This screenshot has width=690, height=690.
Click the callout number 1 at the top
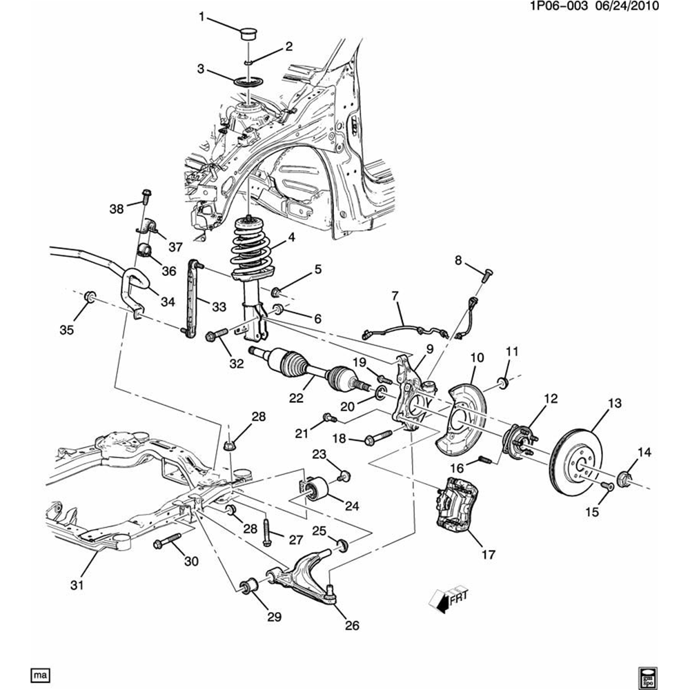click(x=201, y=17)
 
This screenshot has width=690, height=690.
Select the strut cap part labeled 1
click(x=248, y=34)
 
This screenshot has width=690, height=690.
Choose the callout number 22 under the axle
click(x=296, y=397)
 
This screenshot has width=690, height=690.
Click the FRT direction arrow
click(x=448, y=600)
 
